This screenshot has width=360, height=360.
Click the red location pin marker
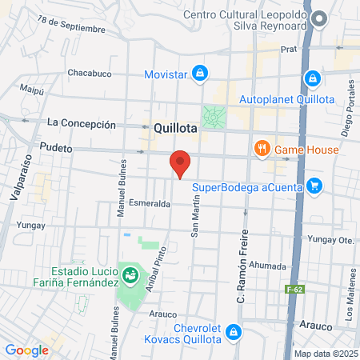[x=181, y=164]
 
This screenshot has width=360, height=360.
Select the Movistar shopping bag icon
[x=200, y=74]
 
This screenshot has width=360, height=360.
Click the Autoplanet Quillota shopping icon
[x=313, y=79]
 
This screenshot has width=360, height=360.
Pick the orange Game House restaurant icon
[x=262, y=149]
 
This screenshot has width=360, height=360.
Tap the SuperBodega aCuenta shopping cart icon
[x=314, y=186]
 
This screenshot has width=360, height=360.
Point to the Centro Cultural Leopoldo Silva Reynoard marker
[x=320, y=18]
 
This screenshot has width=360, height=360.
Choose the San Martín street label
[x=194, y=218]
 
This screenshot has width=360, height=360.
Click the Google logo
[x=26, y=350]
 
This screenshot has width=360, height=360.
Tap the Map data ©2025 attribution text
[x=326, y=354]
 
